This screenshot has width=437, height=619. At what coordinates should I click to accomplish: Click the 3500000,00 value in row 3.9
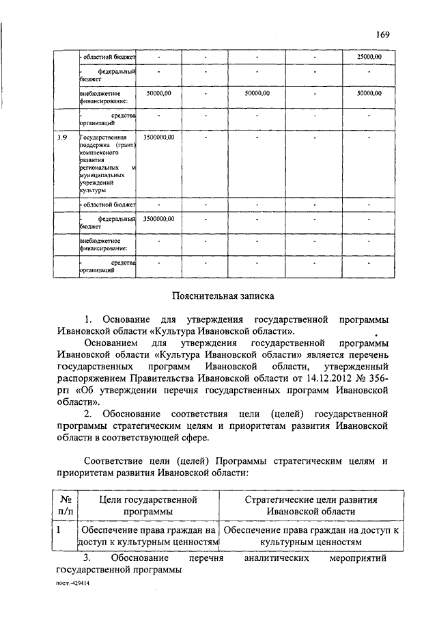[x=159, y=137]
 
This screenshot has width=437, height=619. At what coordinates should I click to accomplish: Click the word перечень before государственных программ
[x=363, y=354]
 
